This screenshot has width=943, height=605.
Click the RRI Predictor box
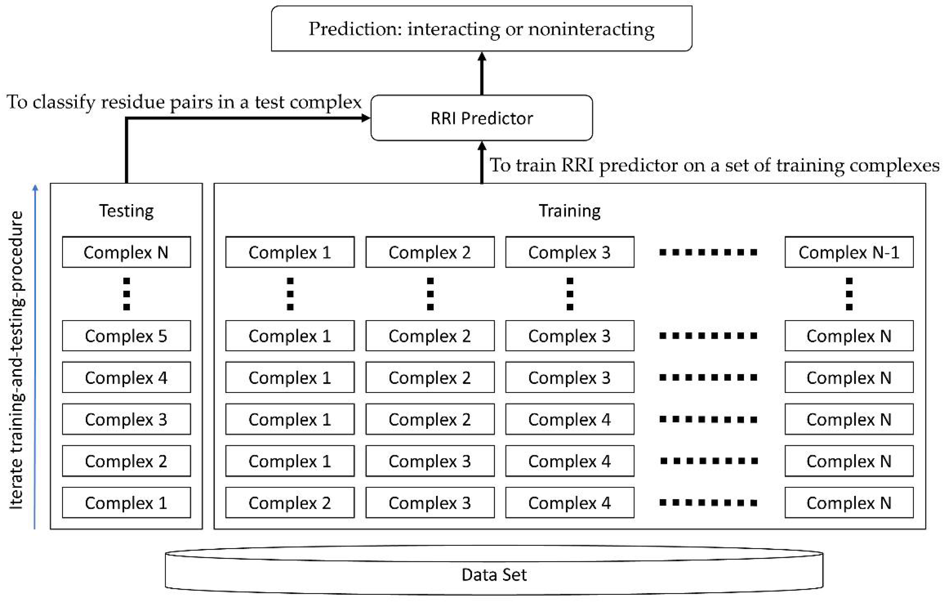[481, 118]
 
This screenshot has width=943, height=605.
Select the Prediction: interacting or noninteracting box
[481, 29]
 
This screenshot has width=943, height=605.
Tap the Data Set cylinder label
[494, 575]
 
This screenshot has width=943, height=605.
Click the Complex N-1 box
[849, 252]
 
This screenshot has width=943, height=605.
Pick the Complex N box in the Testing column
[126, 252]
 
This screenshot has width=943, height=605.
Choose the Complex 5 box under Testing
[126, 336]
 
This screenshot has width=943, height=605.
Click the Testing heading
[126, 211]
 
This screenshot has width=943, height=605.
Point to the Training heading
[569, 211]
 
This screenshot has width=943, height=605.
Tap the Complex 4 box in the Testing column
[126, 378]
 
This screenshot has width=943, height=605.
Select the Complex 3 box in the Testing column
[126, 419]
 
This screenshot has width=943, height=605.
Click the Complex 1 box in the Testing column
[126, 503]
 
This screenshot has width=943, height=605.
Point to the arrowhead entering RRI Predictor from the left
[365, 118]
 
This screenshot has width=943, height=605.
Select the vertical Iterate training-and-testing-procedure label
[17, 360]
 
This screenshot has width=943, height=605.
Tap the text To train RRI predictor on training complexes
[714, 165]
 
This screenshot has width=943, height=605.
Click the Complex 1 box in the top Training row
[290, 252]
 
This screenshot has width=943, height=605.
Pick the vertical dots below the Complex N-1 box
[849, 294]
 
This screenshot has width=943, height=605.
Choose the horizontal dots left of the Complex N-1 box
[708, 252]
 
